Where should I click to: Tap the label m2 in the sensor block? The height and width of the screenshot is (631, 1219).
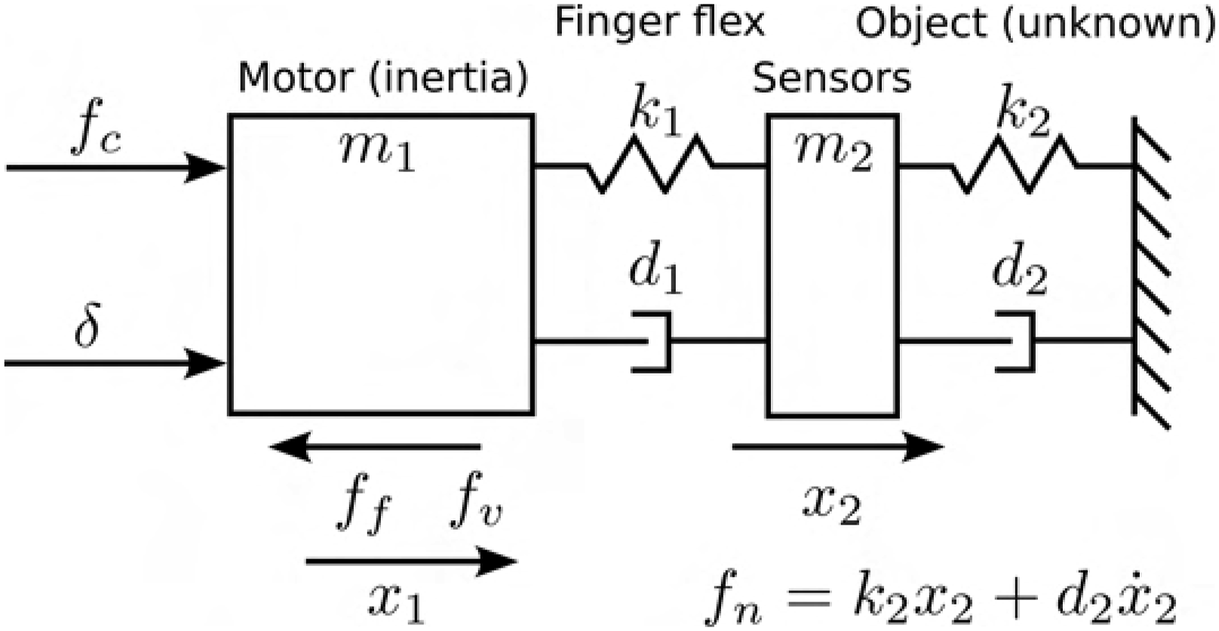tap(834, 153)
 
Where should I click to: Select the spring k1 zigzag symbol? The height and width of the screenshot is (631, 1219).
tap(650, 165)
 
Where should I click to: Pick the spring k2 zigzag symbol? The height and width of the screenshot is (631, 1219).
tap(1013, 165)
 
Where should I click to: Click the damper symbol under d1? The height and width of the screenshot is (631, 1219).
tap(652, 341)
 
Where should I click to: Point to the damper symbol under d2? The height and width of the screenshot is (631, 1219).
tap(1015, 341)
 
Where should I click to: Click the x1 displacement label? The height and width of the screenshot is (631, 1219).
tap(397, 603)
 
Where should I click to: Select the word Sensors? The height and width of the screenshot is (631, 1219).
tap(831, 78)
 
